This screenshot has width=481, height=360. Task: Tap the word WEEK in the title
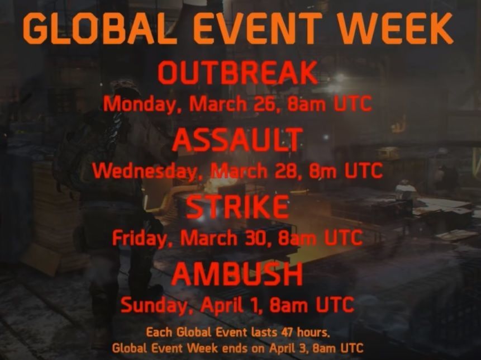click(395, 28)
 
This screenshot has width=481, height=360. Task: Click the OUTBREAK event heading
click(237, 73)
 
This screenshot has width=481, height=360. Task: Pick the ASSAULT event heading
click(237, 140)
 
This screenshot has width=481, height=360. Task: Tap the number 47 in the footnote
click(287, 333)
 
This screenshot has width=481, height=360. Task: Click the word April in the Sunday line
click(222, 306)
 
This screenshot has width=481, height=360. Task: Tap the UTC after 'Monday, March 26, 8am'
click(353, 105)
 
